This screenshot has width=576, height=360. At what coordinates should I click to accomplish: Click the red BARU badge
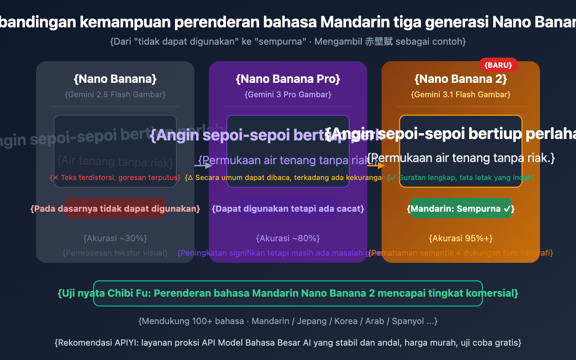click(x=498, y=65)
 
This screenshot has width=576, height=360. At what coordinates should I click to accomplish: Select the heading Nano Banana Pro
click(x=288, y=79)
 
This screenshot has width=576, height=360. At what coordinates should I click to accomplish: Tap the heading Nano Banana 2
click(x=461, y=79)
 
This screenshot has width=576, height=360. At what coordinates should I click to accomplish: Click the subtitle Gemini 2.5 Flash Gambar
click(x=115, y=95)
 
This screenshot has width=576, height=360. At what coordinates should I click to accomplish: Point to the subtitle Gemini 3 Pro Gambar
click(x=288, y=95)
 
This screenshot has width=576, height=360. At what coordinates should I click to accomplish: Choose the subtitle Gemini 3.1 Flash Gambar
click(x=461, y=95)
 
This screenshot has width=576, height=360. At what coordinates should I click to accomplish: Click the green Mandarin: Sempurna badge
click(x=461, y=208)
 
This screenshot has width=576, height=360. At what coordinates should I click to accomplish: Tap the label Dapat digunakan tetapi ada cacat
click(x=288, y=209)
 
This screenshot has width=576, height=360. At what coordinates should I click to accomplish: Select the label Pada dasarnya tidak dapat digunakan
click(x=115, y=209)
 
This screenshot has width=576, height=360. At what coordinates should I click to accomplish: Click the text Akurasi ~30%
click(x=115, y=238)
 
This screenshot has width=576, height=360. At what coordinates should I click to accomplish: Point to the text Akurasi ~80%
click(x=288, y=238)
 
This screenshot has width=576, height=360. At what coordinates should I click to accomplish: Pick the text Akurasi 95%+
click(x=461, y=238)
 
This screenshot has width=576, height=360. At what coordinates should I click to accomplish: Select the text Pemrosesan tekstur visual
click(x=115, y=253)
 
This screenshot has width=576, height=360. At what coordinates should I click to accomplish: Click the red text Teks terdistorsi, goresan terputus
click(x=115, y=177)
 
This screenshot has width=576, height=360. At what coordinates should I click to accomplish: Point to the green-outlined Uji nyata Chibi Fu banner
click(x=288, y=293)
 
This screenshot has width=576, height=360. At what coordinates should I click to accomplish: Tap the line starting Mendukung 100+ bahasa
click(x=288, y=321)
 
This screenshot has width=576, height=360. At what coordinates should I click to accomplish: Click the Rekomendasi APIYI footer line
click(x=288, y=343)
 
